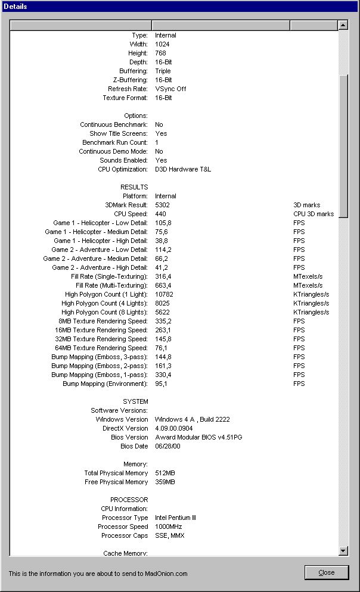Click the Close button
pos(326,572)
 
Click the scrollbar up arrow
pos(343,25)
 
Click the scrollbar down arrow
pos(343,551)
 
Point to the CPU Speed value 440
pos(161,214)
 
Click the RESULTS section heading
pos(134,187)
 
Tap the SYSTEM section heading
pos(135,401)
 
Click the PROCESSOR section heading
pos(129,500)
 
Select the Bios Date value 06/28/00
pos(167,446)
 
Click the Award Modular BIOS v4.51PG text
pos(198,437)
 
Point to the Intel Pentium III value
pos(175,518)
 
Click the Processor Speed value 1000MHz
pos(169,526)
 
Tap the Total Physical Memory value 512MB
pos(165,473)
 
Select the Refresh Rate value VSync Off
pos(170,89)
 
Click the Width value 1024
pos(162,44)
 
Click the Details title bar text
pos(18,7)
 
